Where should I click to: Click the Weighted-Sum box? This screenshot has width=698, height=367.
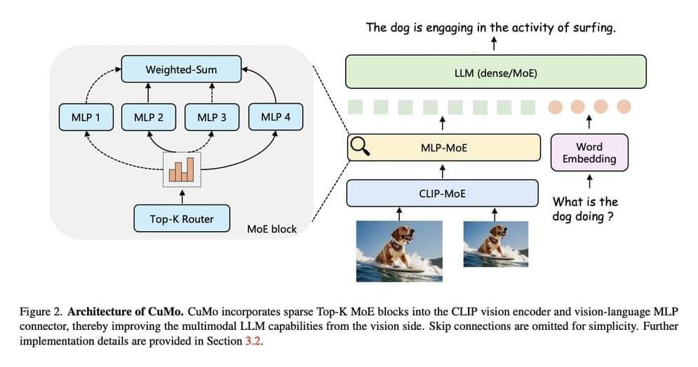click(x=181, y=70)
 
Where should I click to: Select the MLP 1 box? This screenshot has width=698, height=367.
click(x=86, y=117)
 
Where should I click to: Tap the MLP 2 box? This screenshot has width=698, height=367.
click(x=148, y=117)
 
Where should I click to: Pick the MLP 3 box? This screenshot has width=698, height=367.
click(x=211, y=117)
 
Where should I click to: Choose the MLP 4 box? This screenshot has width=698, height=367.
click(x=275, y=117)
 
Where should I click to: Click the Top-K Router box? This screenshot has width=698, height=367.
click(x=181, y=219)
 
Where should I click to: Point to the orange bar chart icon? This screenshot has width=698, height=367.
click(x=182, y=168)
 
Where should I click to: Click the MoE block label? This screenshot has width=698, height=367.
click(x=271, y=229)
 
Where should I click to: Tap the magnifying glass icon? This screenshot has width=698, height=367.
click(x=359, y=146)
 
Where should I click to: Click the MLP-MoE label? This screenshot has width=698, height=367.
click(x=443, y=147)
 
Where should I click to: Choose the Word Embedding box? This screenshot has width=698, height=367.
click(x=589, y=153)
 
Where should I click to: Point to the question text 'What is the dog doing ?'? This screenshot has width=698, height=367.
click(x=585, y=209)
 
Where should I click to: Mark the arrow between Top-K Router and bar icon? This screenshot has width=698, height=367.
click(x=182, y=195)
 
